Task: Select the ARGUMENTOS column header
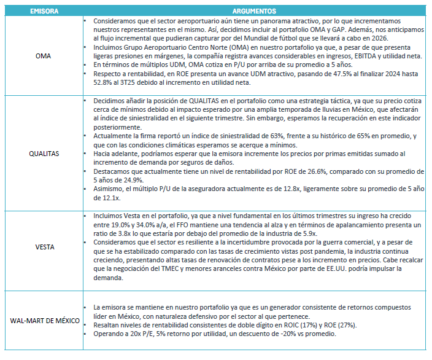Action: coord(254,11)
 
